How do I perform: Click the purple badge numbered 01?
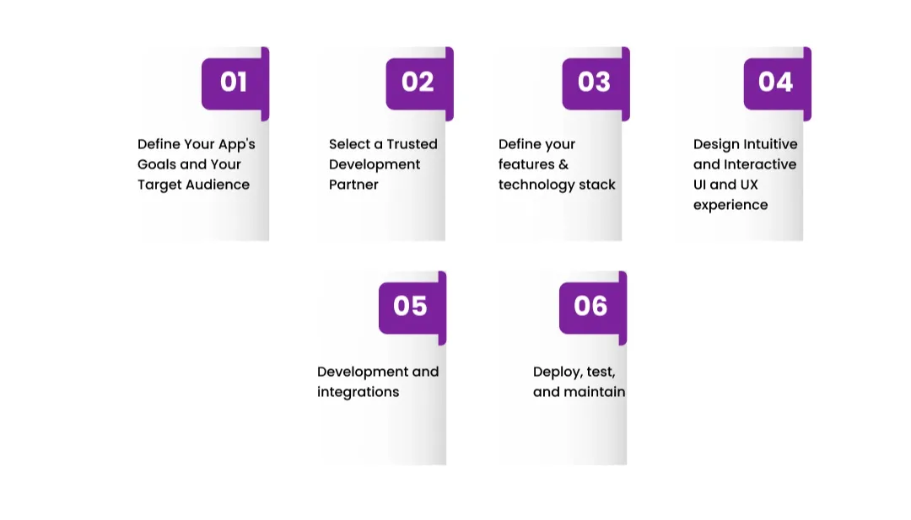[234, 83]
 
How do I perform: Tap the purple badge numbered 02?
[418, 83]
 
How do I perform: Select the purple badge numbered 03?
[594, 83]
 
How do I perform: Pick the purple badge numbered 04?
[775, 83]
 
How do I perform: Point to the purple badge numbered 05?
[410, 306]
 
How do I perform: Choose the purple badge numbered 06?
[590, 306]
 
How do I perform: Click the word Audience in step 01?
[217, 185]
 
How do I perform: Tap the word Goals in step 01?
[155, 164]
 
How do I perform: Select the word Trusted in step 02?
[412, 144]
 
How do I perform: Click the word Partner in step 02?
[353, 185]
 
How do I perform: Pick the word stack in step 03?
[596, 185]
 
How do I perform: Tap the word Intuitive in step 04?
[770, 144]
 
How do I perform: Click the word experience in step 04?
[730, 205]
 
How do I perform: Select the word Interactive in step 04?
[760, 164]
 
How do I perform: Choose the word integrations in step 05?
[358, 392]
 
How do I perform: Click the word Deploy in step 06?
[556, 372]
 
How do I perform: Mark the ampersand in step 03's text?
[563, 164]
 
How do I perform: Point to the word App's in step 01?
[236, 144]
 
